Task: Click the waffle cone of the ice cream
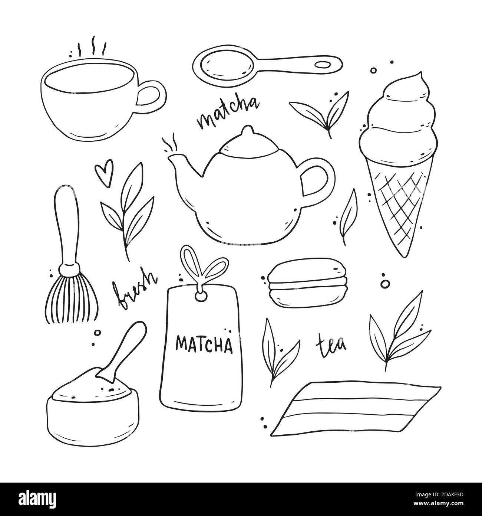397,208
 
